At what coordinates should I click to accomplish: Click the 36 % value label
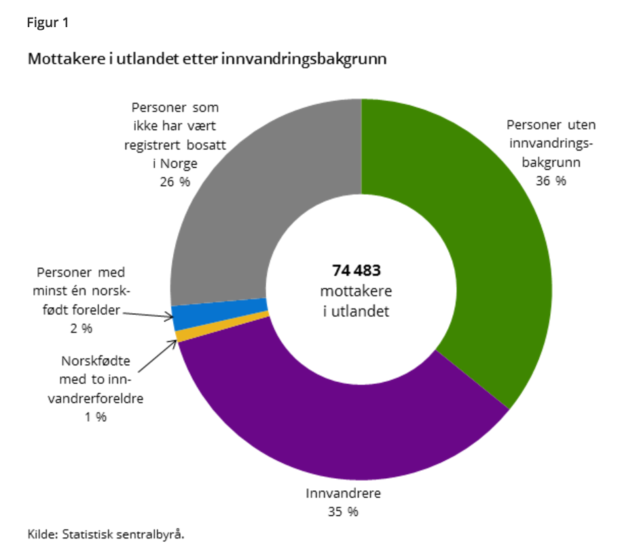click(x=550, y=181)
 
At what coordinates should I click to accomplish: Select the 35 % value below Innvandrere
click(x=342, y=511)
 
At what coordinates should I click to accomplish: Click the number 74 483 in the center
click(x=357, y=271)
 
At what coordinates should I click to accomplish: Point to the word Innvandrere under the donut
click(x=343, y=493)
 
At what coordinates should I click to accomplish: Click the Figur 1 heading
click(x=48, y=22)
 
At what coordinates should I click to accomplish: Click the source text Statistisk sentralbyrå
click(x=123, y=534)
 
